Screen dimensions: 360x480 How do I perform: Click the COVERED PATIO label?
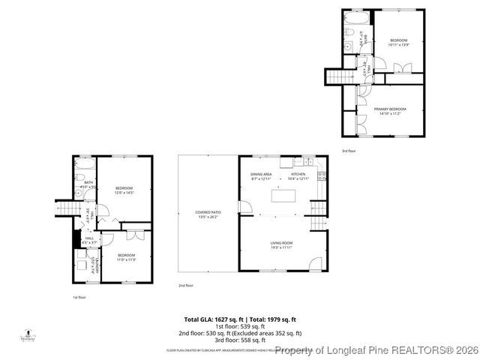coord(208,214)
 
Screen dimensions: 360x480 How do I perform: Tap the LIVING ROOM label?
coord(281,244)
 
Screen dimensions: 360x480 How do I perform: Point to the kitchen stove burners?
coord(322,176)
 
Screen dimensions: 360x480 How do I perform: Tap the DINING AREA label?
coord(261,176)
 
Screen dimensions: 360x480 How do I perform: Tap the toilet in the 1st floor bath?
coord(79,178)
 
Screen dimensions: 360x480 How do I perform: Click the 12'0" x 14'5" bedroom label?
coord(124,190)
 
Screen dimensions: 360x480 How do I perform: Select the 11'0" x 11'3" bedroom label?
coord(126,257)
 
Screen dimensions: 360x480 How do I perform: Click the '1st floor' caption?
coord(79,298)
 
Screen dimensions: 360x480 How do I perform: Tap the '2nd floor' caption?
coord(186,286)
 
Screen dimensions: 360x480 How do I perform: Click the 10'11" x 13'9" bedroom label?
coord(397,42)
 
